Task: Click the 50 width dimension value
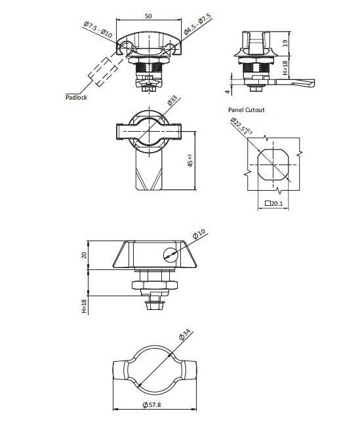[148, 16]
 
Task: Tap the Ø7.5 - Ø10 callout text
[98, 30]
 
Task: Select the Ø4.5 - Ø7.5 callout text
[197, 24]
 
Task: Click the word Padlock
[77, 97]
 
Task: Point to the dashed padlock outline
[103, 72]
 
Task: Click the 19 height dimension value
[285, 43]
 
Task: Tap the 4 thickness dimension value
[228, 92]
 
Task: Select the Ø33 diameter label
[172, 100]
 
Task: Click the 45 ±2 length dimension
[190, 161]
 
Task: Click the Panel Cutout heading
[247, 109]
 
